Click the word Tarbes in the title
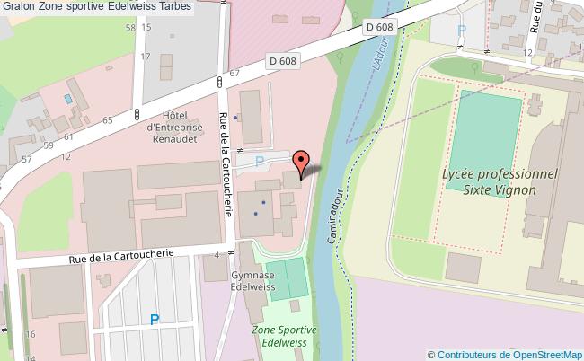(174, 9)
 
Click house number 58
(130, 29)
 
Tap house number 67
(234, 73)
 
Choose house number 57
(27, 159)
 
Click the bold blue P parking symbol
(155, 319)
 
